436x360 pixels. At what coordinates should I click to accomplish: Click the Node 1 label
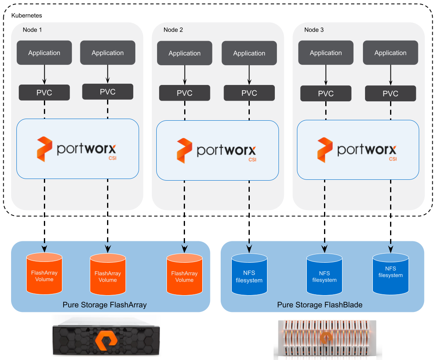coord(32,30)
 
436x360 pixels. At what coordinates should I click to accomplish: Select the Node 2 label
coord(173,30)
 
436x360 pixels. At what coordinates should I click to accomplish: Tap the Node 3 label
coord(314,30)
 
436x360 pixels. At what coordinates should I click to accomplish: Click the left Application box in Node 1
coord(44,53)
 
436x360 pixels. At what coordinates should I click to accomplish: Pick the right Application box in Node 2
coord(249,53)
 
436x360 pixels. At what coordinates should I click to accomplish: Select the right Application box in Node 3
coord(390,53)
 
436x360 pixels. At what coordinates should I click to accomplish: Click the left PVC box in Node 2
coord(185,93)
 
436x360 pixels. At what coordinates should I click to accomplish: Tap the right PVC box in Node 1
coord(107,92)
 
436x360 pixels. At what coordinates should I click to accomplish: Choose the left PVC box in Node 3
coord(326,94)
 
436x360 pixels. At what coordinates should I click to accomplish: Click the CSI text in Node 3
coord(393,159)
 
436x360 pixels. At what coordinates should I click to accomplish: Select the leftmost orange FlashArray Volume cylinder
coord(44,274)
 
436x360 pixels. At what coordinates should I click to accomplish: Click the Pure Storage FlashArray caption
coord(105,305)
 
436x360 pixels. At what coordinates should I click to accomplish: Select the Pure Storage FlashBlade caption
coord(320,305)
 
